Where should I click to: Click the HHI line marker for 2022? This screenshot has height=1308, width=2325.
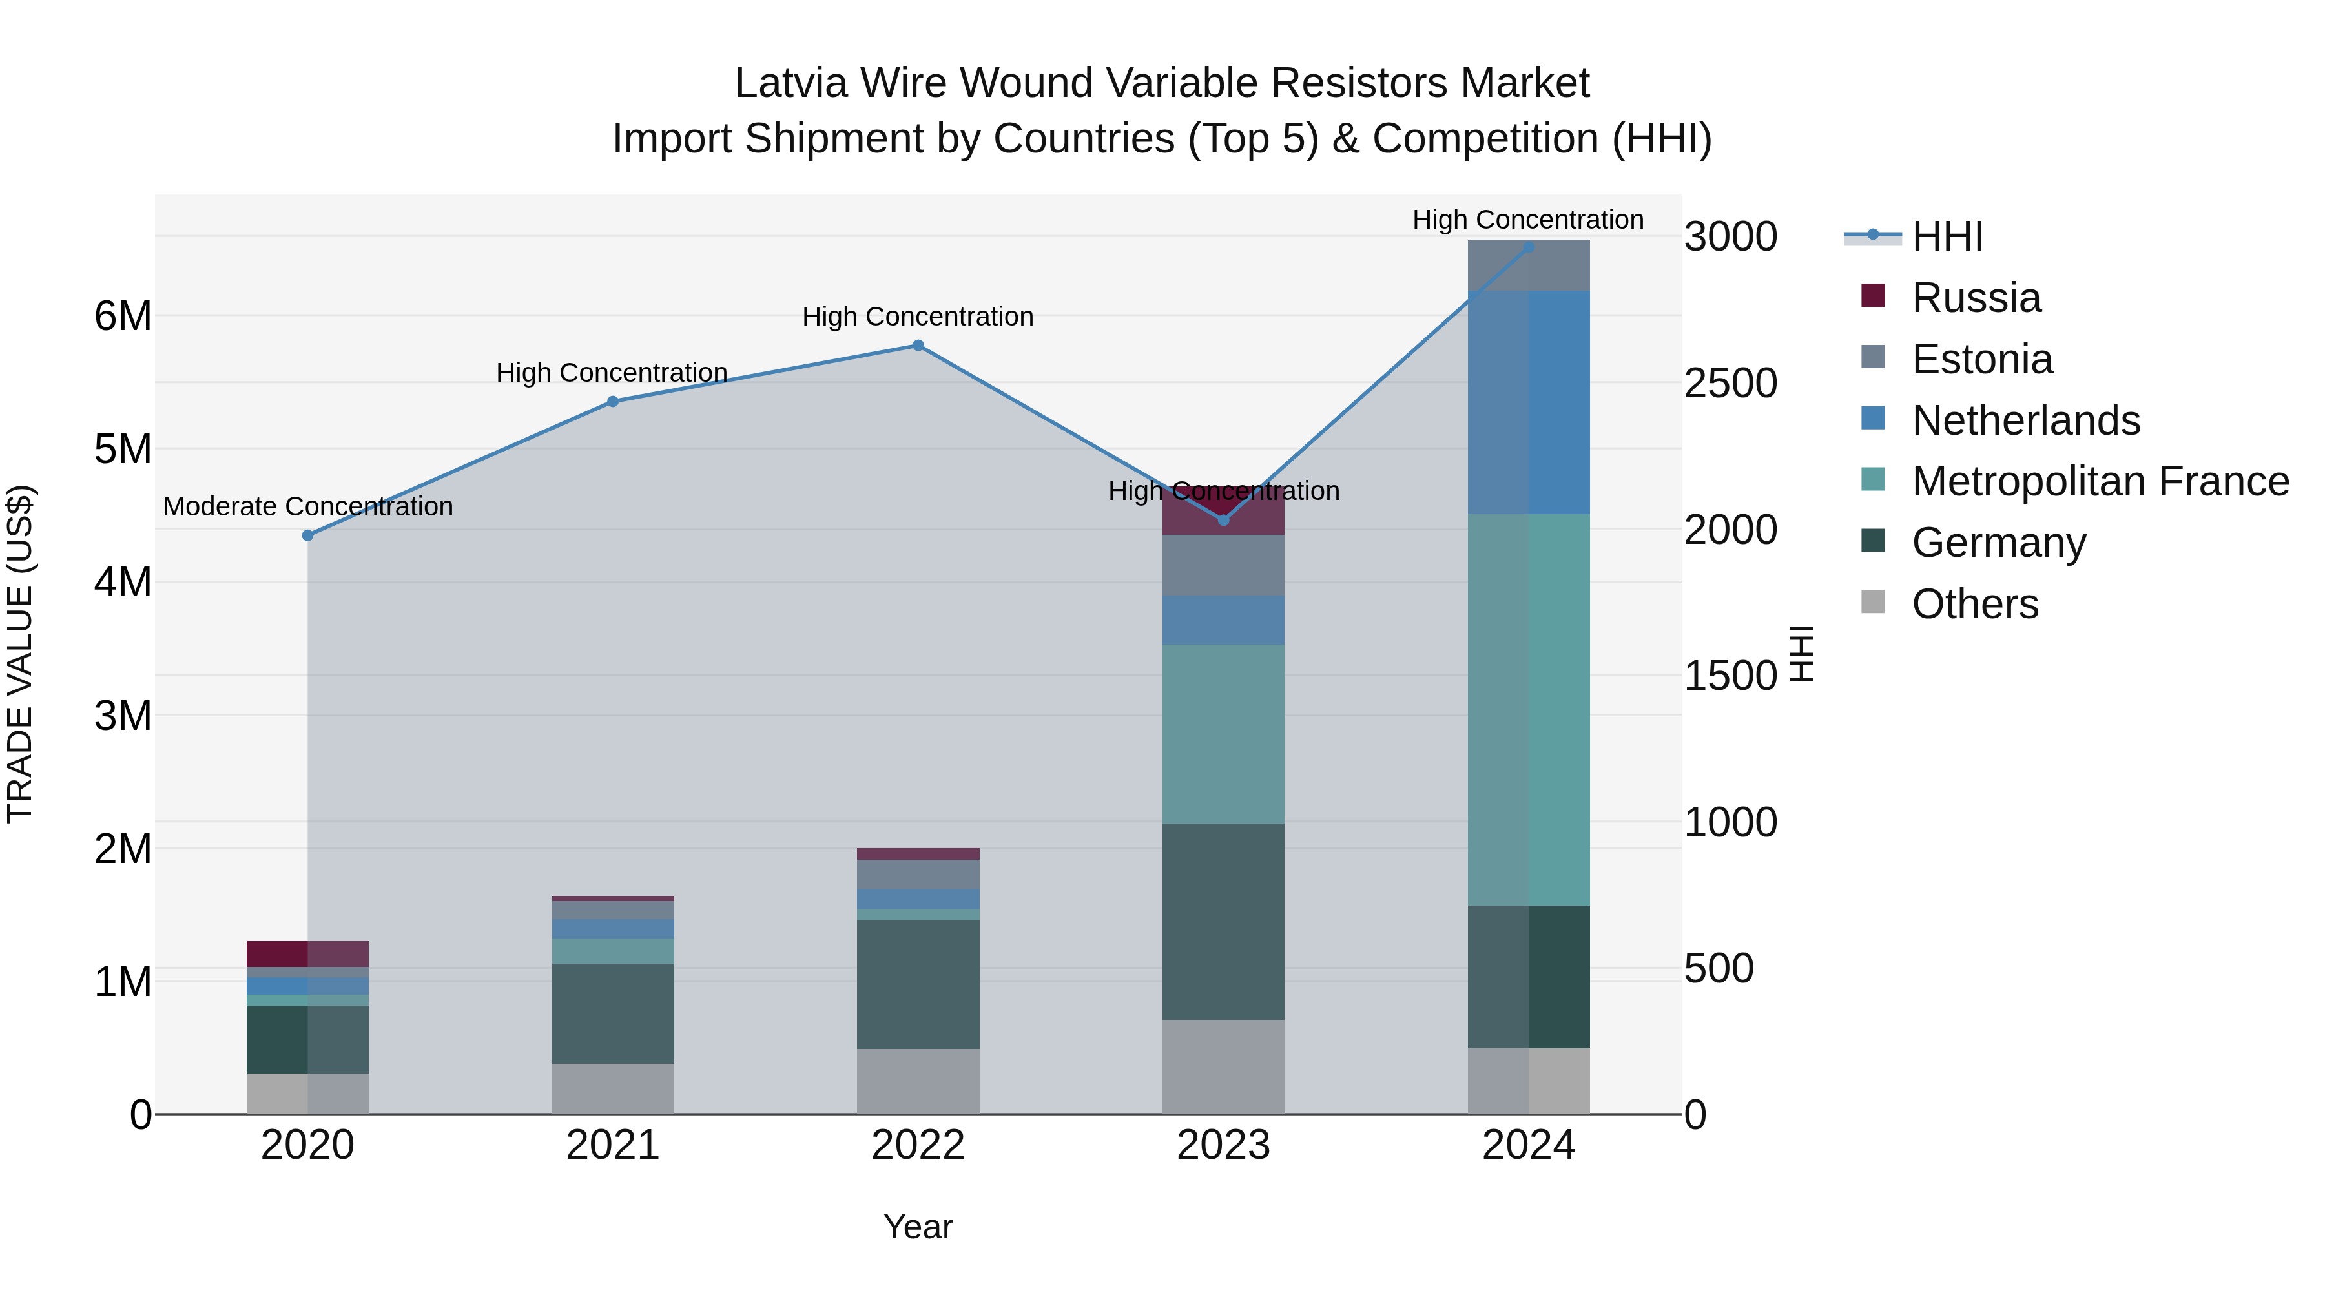(x=918, y=346)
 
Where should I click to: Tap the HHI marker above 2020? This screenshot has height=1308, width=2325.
(x=308, y=535)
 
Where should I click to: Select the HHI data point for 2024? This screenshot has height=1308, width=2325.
(x=1529, y=247)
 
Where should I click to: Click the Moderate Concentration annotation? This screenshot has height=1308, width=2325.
(x=308, y=506)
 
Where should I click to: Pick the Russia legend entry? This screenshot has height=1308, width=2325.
(x=1976, y=298)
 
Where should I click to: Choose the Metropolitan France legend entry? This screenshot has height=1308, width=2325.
(x=2100, y=481)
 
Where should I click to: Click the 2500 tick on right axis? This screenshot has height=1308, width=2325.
(x=1730, y=384)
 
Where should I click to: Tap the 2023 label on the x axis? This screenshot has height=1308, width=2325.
(x=1223, y=1145)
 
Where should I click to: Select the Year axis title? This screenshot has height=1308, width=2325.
(x=918, y=1227)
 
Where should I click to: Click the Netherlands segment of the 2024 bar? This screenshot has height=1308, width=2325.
(x=1529, y=402)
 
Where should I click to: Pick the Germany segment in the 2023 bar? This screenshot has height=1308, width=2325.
(x=1223, y=922)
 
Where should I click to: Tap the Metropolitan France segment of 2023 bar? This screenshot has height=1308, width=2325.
(x=1223, y=734)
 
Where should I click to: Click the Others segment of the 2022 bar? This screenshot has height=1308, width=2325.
(x=918, y=1081)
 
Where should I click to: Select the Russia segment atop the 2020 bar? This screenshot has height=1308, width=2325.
(x=308, y=954)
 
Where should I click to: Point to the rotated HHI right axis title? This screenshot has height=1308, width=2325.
(x=1801, y=654)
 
